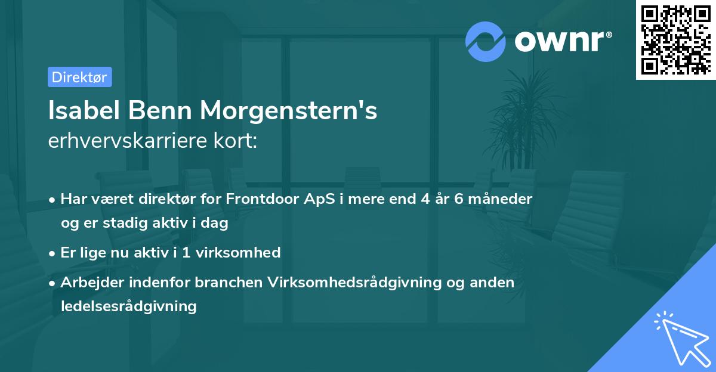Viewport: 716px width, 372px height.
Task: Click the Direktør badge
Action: pos(79,77)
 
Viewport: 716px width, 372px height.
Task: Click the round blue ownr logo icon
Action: pos(486,42)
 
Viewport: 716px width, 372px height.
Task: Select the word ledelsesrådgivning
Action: pos(128,306)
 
